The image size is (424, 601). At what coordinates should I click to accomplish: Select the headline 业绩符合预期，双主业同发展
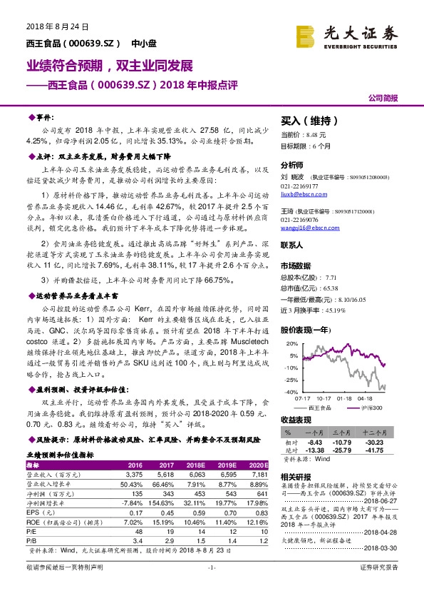tap(110, 66)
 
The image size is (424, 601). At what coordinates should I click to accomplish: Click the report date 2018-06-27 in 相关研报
tap(391, 502)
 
